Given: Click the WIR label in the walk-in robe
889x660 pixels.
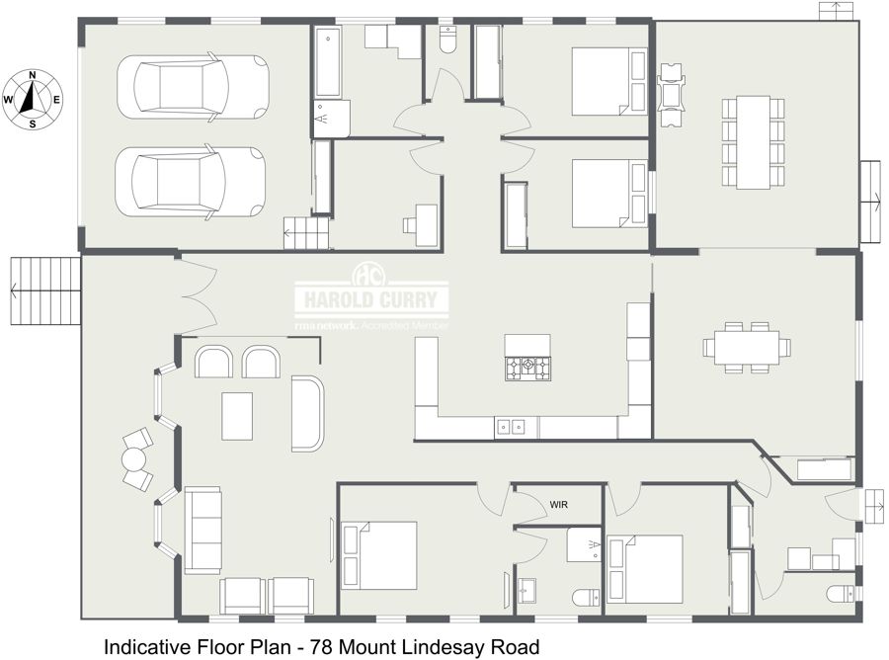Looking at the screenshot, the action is pyautogui.click(x=558, y=504).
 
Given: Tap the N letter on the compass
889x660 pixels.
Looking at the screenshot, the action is pyautogui.click(x=33, y=75).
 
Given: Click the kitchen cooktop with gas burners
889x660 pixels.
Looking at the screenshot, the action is pyautogui.click(x=527, y=368).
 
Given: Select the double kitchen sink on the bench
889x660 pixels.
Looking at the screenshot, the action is pyautogui.click(x=510, y=427).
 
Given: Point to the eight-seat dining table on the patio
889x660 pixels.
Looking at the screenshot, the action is pyautogui.click(x=754, y=142).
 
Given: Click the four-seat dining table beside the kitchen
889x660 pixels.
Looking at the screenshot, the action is pyautogui.click(x=747, y=347).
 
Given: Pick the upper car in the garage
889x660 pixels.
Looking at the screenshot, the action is pyautogui.click(x=193, y=87).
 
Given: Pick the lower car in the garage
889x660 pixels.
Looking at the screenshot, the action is pyautogui.click(x=191, y=182).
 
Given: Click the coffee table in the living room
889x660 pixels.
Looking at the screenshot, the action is pyautogui.click(x=237, y=416).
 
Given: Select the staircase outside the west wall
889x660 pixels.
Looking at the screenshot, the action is pyautogui.click(x=45, y=290).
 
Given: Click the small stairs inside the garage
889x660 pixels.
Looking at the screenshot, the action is pyautogui.click(x=306, y=233).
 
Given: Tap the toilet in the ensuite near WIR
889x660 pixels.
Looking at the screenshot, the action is pyautogui.click(x=586, y=598).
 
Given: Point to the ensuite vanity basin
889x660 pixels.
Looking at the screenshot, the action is pyautogui.click(x=527, y=590).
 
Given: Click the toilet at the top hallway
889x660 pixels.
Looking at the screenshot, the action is pyautogui.click(x=447, y=40).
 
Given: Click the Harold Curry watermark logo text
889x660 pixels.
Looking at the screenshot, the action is pyautogui.click(x=371, y=299).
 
